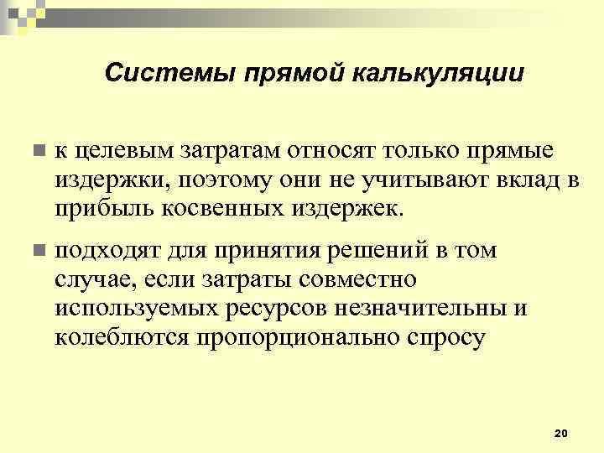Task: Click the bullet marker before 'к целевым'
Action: point(37,151)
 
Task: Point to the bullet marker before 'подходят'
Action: point(37,251)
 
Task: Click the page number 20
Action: point(561,432)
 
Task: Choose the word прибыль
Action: point(101,207)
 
